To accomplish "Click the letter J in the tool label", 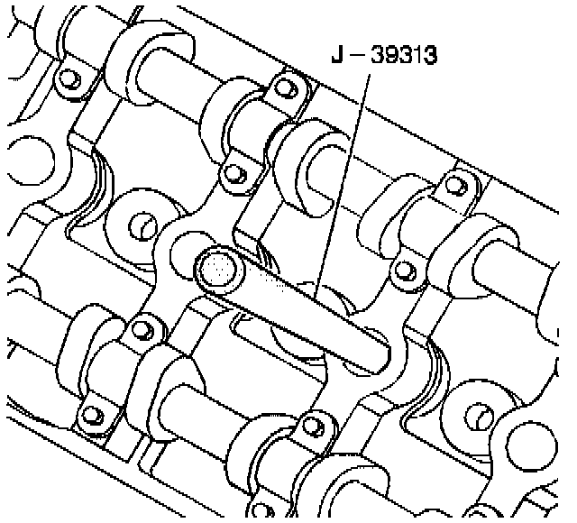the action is coord(337,54).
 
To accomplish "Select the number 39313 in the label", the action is coord(404,55).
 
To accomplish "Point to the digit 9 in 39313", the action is coord(390,55).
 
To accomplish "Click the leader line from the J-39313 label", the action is coord(343,187).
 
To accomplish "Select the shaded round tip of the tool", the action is coord(218,270).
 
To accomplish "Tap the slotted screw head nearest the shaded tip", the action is coord(144,225).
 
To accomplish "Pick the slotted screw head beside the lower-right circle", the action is coord(480,417).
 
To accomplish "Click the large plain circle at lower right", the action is coord(532,447).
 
